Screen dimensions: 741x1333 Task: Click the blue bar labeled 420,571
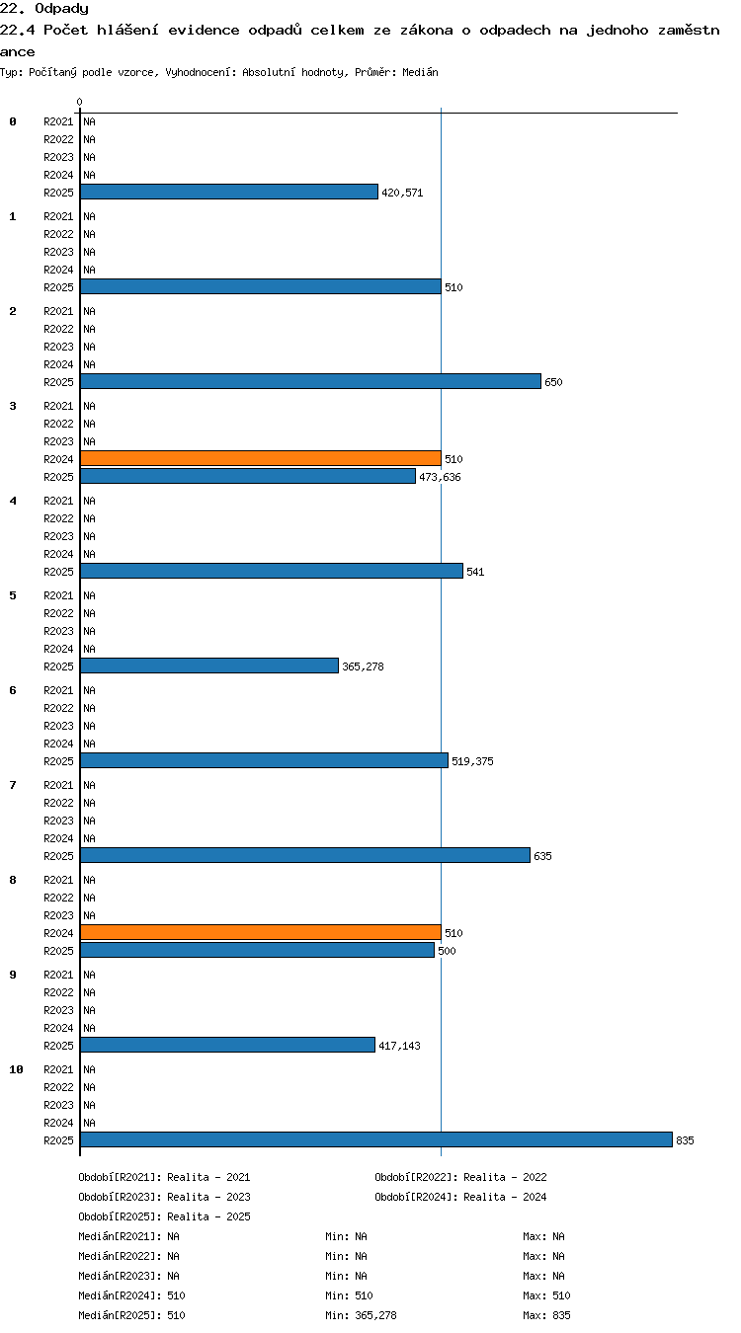tap(229, 192)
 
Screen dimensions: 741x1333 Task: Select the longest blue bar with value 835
tap(376, 1139)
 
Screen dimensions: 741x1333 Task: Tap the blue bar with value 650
tap(310, 381)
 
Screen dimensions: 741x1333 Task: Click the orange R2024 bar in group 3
tap(260, 458)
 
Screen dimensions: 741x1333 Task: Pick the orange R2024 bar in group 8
tap(260, 932)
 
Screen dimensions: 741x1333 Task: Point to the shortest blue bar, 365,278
tap(209, 666)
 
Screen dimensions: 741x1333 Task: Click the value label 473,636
tap(440, 477)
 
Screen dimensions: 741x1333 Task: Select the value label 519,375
tap(472, 761)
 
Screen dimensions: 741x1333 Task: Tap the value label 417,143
tap(400, 1047)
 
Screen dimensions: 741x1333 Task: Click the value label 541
tap(475, 572)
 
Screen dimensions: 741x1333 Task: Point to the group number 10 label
tap(16, 1069)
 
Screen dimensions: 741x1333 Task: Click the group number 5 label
tap(13, 595)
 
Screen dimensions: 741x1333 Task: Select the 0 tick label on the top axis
tap(79, 103)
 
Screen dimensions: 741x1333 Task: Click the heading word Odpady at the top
tap(61, 9)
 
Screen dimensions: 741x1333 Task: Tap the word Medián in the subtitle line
tap(420, 73)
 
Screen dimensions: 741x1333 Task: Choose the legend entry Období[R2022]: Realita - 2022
tap(460, 1177)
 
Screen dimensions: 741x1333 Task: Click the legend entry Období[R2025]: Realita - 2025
tap(164, 1216)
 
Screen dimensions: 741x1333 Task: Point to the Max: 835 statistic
tap(546, 1315)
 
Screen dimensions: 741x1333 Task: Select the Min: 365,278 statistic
tap(361, 1315)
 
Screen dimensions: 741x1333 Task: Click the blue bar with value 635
tap(305, 855)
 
